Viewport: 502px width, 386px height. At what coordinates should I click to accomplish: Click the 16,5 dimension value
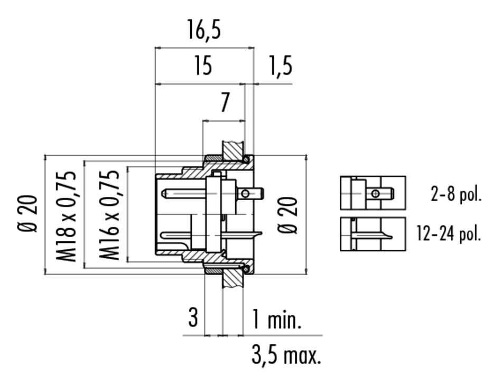point(204,30)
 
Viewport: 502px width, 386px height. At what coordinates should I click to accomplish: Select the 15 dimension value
point(203,65)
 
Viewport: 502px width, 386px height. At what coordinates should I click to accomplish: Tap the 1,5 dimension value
point(281,66)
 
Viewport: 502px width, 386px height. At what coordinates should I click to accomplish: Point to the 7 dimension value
point(226,102)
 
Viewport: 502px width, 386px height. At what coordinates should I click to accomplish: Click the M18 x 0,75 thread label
point(67,216)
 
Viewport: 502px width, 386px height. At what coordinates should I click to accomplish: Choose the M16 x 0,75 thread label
point(109,216)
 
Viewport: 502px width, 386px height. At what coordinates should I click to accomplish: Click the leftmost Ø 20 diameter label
point(28,213)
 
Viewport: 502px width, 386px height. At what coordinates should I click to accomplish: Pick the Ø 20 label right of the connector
point(287,215)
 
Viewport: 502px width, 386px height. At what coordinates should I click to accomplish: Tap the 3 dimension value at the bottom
point(193,317)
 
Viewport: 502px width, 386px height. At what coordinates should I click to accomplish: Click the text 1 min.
point(277,319)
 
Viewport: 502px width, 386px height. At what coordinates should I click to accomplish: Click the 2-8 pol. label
point(456,194)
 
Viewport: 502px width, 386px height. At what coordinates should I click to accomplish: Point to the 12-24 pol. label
point(449,233)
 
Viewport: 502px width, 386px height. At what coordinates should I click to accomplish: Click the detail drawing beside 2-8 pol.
point(373,193)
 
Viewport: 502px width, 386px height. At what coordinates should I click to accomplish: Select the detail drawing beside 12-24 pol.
point(373,234)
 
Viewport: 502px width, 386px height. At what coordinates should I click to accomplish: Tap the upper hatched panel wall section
point(233,151)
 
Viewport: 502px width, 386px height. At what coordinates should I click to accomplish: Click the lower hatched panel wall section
point(233,278)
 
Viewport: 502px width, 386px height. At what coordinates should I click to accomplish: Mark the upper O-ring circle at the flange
point(246,159)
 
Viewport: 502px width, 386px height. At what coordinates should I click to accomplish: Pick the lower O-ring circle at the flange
point(246,269)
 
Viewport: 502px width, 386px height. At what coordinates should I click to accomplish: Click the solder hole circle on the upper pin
point(245,193)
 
